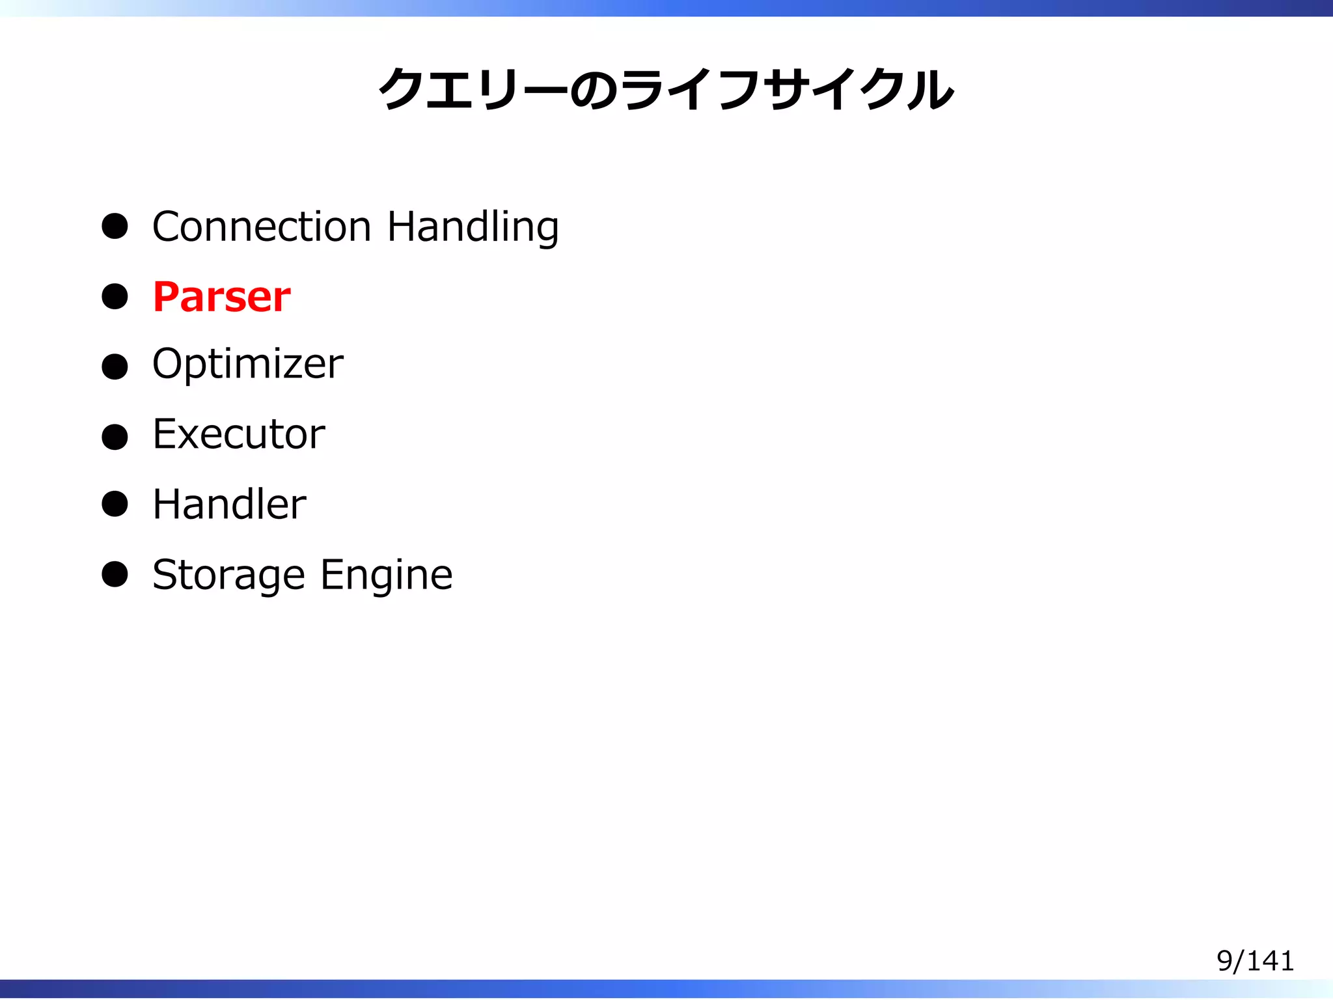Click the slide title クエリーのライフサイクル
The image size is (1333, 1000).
click(666, 89)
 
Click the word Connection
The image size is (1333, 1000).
click(262, 227)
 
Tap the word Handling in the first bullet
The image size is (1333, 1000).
click(473, 228)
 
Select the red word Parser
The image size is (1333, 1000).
click(221, 297)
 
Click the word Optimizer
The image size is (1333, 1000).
click(247, 364)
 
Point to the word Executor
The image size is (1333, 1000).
click(239, 434)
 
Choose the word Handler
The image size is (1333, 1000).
click(229, 504)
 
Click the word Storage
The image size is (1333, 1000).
click(228, 576)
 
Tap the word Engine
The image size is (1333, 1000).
click(387, 576)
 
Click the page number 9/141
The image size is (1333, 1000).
click(1255, 961)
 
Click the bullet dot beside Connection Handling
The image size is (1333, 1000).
click(115, 227)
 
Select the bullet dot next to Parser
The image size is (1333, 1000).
click(115, 297)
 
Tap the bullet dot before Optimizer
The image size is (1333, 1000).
click(115, 367)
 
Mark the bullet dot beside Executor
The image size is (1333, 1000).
click(115, 436)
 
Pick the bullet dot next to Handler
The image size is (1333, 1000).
click(115, 504)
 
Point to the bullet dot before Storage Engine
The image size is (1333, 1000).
click(115, 574)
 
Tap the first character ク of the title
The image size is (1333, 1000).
click(402, 89)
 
